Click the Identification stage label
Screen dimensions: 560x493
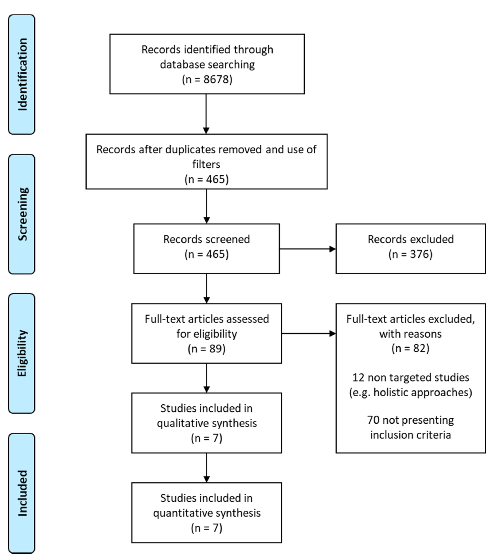(x=22, y=75)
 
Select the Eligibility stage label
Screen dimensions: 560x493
(x=22, y=354)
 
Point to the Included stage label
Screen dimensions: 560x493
(x=22, y=493)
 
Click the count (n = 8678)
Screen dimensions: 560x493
(x=207, y=79)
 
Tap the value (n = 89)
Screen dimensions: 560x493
(x=206, y=349)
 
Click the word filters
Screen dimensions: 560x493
(x=206, y=164)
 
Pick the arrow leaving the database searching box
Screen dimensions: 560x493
(x=206, y=114)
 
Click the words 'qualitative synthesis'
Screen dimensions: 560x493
(x=206, y=423)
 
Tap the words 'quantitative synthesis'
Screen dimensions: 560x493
(x=206, y=513)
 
